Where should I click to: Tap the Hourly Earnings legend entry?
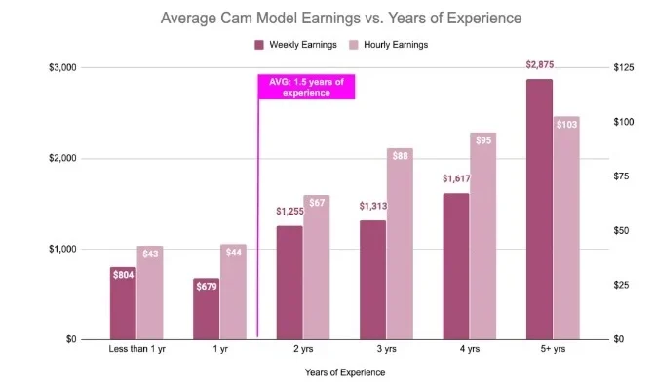coord(389,45)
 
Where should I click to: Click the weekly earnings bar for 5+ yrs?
coord(539,209)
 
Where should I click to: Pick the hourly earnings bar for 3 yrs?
coord(400,244)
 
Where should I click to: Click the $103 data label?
coord(566,125)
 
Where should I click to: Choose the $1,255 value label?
coord(289,211)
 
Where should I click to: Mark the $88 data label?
coord(400,156)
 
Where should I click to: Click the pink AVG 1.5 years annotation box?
coord(306,88)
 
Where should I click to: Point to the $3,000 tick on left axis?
coord(64,67)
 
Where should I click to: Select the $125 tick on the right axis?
coord(625,67)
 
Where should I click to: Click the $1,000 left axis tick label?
coord(64,249)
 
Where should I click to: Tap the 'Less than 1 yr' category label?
coord(136,349)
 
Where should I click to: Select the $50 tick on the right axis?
coord(623,231)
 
